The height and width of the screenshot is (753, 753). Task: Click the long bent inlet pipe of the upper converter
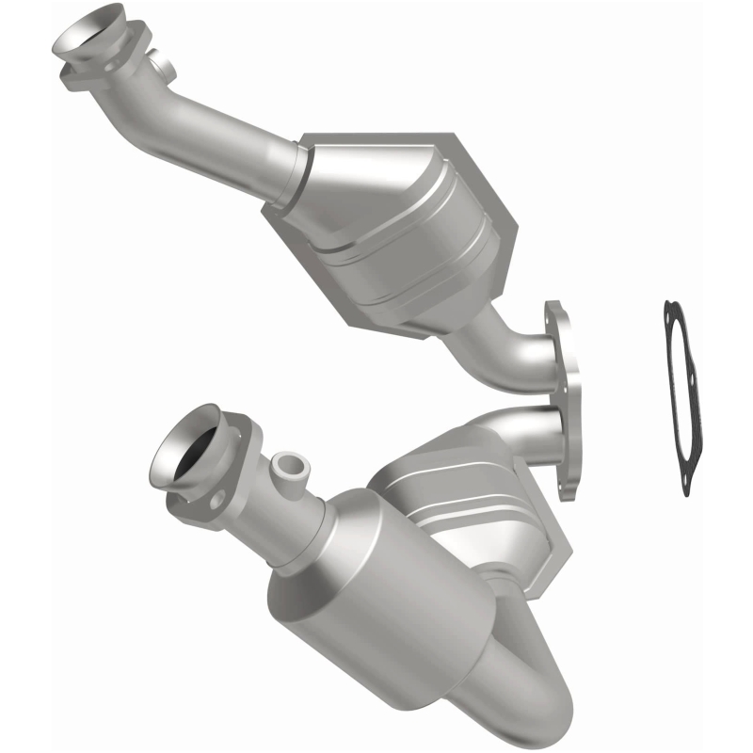point(216,141)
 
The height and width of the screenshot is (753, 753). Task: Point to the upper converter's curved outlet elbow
point(513,348)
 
